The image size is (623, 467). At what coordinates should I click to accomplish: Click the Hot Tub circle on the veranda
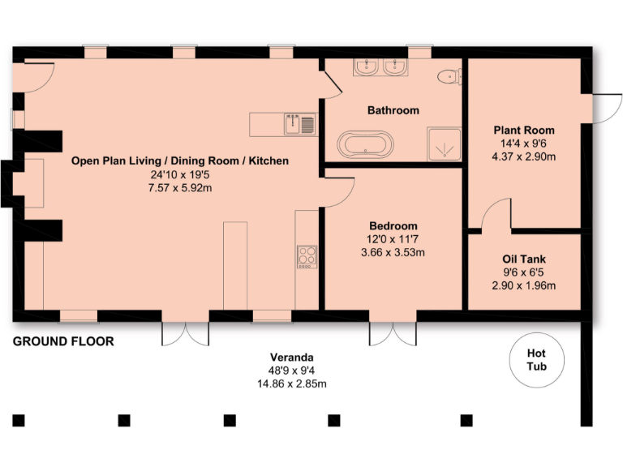(x=537, y=360)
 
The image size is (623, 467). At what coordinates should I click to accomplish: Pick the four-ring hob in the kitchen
(x=307, y=256)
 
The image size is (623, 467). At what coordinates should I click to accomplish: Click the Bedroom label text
(x=393, y=225)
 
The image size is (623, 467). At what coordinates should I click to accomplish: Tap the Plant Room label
(x=524, y=130)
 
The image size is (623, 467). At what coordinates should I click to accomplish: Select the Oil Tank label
(x=524, y=259)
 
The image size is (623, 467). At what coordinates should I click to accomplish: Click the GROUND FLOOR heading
(x=63, y=341)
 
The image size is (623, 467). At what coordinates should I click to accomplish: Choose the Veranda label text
(x=292, y=357)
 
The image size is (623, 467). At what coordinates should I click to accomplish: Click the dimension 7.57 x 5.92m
(x=179, y=188)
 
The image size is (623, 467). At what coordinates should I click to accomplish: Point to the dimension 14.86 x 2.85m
(x=292, y=383)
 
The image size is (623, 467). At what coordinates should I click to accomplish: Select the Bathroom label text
(x=393, y=110)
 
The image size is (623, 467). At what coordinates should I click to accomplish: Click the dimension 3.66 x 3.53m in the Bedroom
(x=393, y=252)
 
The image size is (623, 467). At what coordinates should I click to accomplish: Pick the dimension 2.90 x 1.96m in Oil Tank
(x=524, y=286)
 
